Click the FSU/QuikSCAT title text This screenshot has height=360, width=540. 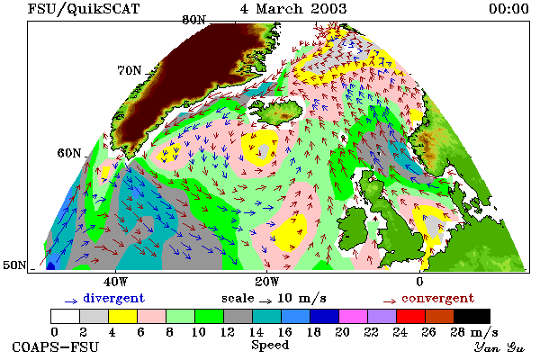[x=84, y=9]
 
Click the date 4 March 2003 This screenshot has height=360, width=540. [x=293, y=9]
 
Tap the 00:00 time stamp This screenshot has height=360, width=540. [x=508, y=9]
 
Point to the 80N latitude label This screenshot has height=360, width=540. [x=193, y=20]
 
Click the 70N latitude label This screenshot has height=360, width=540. [x=130, y=70]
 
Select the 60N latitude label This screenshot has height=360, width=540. [x=69, y=153]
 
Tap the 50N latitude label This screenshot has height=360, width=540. [x=14, y=265]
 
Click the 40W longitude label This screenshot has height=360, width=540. [x=115, y=282]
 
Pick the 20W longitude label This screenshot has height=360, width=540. [x=267, y=282]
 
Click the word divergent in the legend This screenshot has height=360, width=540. [x=113, y=298]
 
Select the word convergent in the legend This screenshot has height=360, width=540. [x=437, y=298]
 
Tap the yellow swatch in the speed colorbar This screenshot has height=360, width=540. [x=122, y=316]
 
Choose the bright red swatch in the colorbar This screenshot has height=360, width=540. [x=411, y=316]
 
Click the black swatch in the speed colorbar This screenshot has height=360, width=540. [x=472, y=316]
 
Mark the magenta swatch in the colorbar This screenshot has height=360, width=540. [x=354, y=316]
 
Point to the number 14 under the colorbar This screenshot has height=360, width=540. [x=256, y=332]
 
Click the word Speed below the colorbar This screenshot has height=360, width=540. [x=270, y=346]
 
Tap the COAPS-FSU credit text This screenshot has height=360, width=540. [x=55, y=346]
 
